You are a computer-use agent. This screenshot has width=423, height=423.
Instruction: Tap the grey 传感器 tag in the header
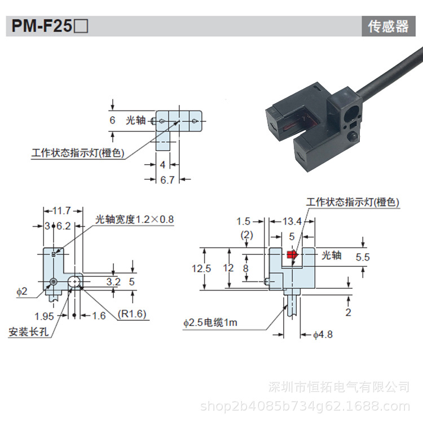(x=389, y=26)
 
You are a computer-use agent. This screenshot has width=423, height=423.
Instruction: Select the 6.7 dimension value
(x=168, y=180)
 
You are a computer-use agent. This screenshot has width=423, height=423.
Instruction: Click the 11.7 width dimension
(x=62, y=210)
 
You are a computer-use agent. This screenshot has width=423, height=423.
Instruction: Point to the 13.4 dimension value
(x=292, y=222)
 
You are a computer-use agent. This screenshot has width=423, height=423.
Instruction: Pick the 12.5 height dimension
(x=201, y=268)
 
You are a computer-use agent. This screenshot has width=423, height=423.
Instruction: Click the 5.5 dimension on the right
(x=363, y=257)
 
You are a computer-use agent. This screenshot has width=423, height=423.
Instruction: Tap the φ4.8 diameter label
(x=323, y=335)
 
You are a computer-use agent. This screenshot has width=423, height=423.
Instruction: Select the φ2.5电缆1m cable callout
(x=210, y=323)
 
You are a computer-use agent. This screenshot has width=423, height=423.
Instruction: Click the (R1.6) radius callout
(x=132, y=314)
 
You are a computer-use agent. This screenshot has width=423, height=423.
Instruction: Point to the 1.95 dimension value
(x=44, y=316)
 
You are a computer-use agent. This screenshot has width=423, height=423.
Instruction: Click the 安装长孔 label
(x=29, y=332)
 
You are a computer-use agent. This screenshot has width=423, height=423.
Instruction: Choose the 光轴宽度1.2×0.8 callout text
(x=135, y=219)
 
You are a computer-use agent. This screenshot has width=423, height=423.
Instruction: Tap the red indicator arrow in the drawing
(x=292, y=254)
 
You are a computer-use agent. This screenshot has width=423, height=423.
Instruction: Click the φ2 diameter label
(x=22, y=292)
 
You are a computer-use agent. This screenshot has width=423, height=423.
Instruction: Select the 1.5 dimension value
(x=243, y=222)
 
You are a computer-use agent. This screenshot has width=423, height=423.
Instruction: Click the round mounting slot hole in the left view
(x=74, y=281)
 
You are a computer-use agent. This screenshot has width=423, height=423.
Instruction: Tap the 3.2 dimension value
(x=113, y=281)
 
